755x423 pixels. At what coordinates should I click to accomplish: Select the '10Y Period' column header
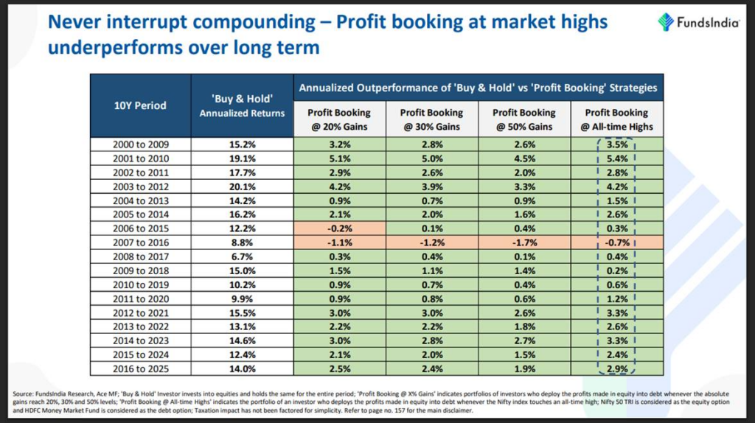coord(140,105)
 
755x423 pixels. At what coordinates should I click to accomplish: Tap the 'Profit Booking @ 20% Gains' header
coord(339,119)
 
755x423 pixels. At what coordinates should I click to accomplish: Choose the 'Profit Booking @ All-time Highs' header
coord(617,119)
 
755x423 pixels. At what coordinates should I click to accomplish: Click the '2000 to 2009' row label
coord(140,144)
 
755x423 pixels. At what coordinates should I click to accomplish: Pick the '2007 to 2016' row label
coord(140,242)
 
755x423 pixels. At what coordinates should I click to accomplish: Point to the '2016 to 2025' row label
coord(140,368)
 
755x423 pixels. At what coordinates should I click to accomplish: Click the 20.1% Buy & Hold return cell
coord(242,186)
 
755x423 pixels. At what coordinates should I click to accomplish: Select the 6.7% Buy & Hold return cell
coord(242,256)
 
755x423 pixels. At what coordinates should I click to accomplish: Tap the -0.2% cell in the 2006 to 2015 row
coord(339,228)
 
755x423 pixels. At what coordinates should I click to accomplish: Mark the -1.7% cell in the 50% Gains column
coord(524,242)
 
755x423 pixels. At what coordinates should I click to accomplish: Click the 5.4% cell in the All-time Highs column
coord(617,158)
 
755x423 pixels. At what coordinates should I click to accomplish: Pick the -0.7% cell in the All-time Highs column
coord(617,242)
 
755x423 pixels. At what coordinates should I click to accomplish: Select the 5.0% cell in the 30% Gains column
coord(431,158)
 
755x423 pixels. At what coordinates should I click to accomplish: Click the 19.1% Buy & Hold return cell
coord(242,158)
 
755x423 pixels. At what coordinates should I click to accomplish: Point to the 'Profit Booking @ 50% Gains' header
coord(524,119)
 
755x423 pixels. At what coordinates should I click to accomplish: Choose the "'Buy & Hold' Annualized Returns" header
coord(242,105)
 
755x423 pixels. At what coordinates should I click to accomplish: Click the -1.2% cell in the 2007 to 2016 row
coord(431,242)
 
